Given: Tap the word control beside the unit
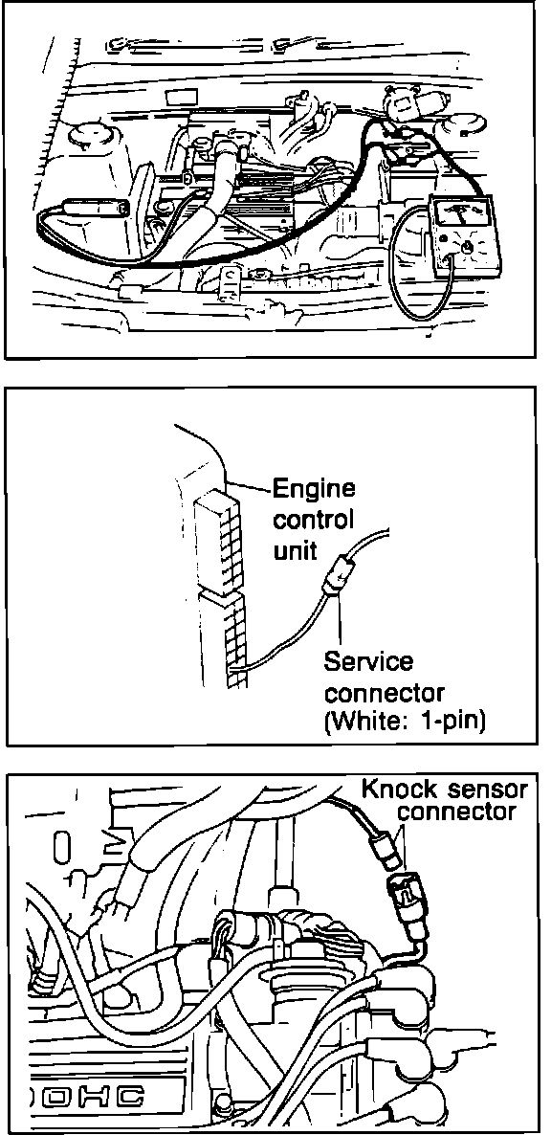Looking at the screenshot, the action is click(x=313, y=520).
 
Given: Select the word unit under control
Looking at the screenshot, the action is click(x=295, y=550).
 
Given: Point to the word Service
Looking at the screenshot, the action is click(x=369, y=661).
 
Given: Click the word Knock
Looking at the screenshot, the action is click(x=395, y=789).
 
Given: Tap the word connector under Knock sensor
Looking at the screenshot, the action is click(x=457, y=812).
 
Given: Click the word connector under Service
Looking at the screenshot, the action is click(x=384, y=694).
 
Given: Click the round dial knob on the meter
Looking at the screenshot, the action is click(x=467, y=247).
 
